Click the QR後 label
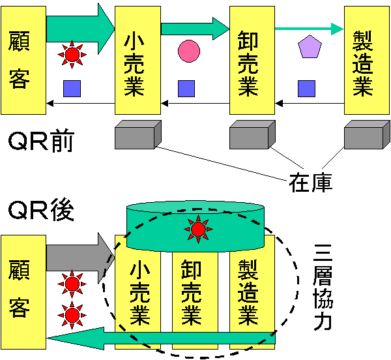[40, 211]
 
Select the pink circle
[189, 50]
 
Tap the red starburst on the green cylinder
[197, 228]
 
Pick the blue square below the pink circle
[187, 88]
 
